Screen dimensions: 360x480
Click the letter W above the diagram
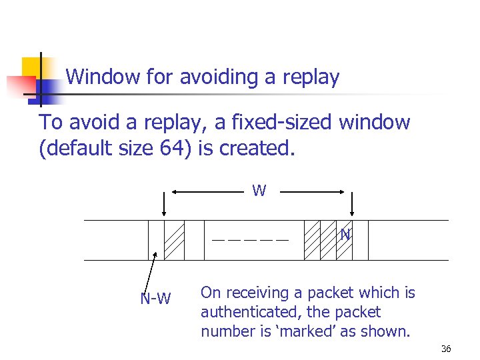click(259, 191)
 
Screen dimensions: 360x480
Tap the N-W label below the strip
click(155, 299)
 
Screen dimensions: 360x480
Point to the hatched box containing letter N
click(344, 240)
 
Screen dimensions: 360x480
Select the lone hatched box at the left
click(175, 240)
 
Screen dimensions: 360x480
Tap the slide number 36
click(446, 349)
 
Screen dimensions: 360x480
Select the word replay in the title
click(310, 77)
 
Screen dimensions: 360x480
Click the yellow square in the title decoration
click(33, 68)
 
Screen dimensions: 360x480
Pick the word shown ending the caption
click(388, 331)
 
